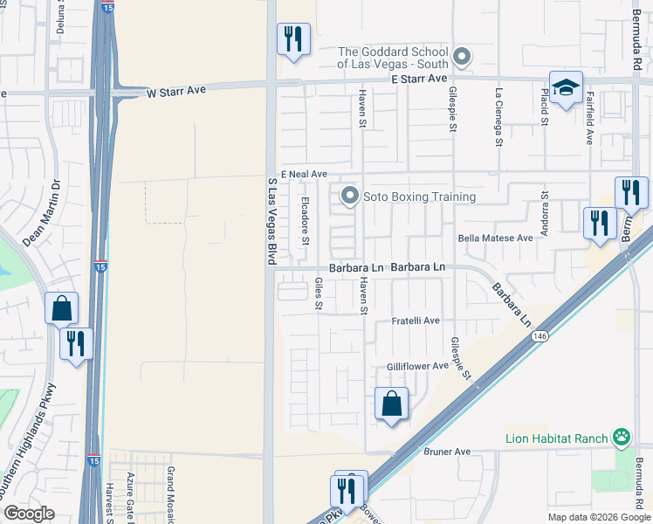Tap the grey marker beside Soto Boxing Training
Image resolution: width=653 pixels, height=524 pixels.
tap(350, 196)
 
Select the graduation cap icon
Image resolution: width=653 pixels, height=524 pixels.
tap(566, 87)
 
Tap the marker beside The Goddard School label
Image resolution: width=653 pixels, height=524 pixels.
tap(463, 59)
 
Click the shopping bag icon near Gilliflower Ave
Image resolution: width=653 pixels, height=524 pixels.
tap(391, 404)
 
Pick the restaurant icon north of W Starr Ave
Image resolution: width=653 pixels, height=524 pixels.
tap(293, 39)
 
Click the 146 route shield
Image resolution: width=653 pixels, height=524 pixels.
tap(541, 335)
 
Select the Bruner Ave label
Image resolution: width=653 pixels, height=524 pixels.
tap(447, 452)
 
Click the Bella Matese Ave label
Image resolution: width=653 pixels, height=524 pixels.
tap(495, 238)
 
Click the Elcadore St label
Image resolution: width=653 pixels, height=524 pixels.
tap(306, 220)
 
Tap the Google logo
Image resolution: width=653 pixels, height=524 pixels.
tap(30, 514)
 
